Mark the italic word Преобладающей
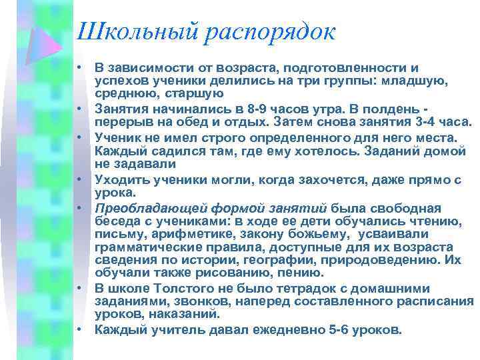coord(141,208)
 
